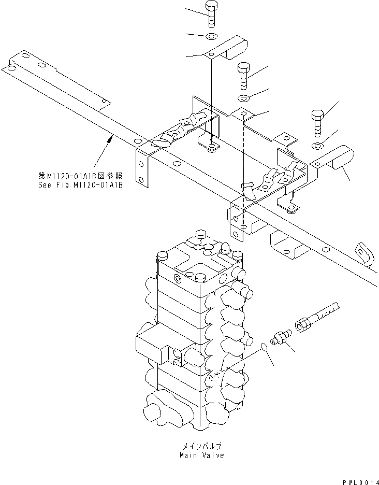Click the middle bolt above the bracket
244,76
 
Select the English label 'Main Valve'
202,455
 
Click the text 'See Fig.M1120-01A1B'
80,185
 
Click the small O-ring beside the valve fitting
264,347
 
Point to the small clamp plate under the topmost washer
228,50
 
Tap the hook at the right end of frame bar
365,253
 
